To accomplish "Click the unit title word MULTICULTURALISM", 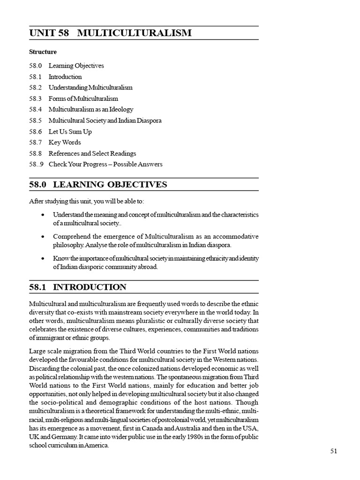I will pos(135,33).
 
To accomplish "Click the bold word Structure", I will pos(43,52).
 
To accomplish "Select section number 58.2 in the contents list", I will pos(35,88).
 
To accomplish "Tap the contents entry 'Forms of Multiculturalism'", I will pos(83,98).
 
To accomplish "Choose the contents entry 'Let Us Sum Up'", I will pos(70,132).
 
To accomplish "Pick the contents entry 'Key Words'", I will pos(65,142).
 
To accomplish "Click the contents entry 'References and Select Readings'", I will pos(92,153).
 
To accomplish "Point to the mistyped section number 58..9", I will pos(36,165).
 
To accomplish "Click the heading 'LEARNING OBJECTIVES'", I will pos(110,185).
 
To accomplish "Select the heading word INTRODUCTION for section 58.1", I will pos(90,287).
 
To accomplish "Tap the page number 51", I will pos(334,451).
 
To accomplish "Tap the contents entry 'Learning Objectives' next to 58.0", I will pos(76,66).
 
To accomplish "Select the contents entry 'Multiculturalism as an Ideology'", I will pos(91,110).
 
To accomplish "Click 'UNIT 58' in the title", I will pos(49,33).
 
